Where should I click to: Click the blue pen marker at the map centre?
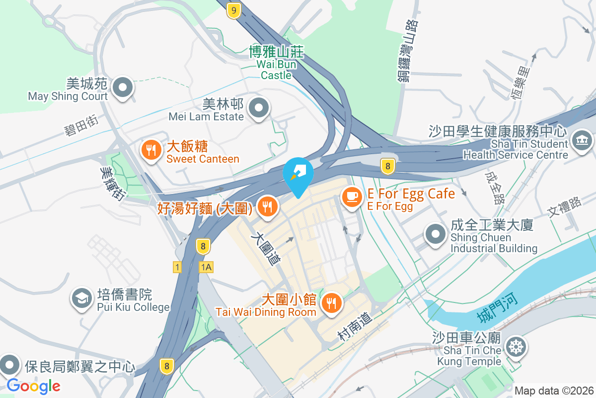tap(298, 173)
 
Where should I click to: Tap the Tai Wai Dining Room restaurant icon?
tap(330, 302)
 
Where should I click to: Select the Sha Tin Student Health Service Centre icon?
tap(582, 141)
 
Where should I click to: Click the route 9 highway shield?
tap(233, 10)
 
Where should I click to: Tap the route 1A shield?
tap(206, 267)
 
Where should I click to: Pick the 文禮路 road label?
tap(564, 206)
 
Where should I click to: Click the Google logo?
tap(33, 386)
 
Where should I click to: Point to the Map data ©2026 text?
tap(554, 391)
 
